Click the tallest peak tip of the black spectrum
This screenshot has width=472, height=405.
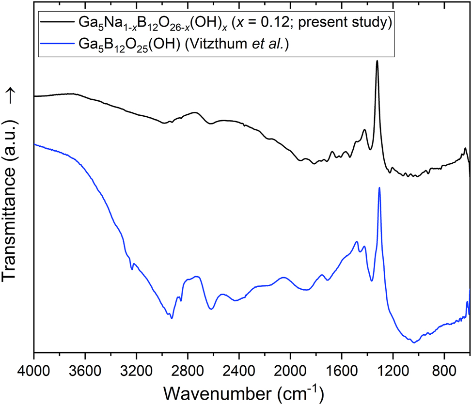pyautogui.click(x=377, y=61)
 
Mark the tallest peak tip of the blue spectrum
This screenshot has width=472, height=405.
pyautogui.click(x=379, y=188)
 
